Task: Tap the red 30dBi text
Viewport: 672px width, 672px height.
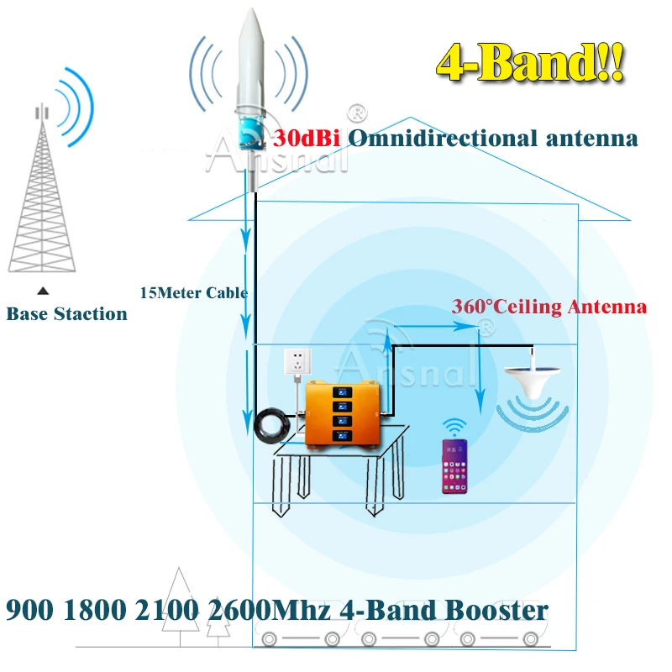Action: pyautogui.click(x=306, y=139)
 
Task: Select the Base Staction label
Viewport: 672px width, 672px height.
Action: pyautogui.click(x=67, y=314)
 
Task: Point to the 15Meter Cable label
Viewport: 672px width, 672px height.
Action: pyautogui.click(x=194, y=293)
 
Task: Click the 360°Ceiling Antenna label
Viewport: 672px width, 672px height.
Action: pyautogui.click(x=549, y=307)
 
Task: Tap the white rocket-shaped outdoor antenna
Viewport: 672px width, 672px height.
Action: pyautogui.click(x=252, y=76)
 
